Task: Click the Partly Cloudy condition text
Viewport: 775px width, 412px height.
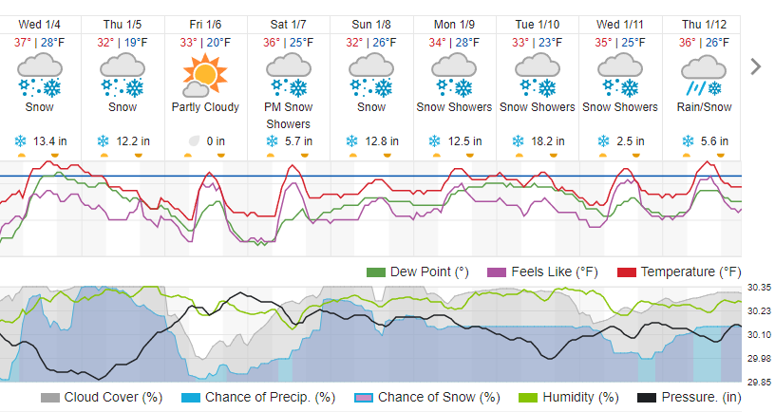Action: (x=205, y=107)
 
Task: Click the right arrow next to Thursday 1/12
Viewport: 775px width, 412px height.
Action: (x=756, y=66)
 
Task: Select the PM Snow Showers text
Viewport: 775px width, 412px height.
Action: (x=288, y=115)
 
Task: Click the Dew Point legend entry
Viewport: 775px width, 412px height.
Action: (x=418, y=272)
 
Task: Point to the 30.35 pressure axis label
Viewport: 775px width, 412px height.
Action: (x=758, y=288)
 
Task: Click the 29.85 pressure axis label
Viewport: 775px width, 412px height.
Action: (x=758, y=382)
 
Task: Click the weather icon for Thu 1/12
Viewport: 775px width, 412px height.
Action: (x=704, y=74)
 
